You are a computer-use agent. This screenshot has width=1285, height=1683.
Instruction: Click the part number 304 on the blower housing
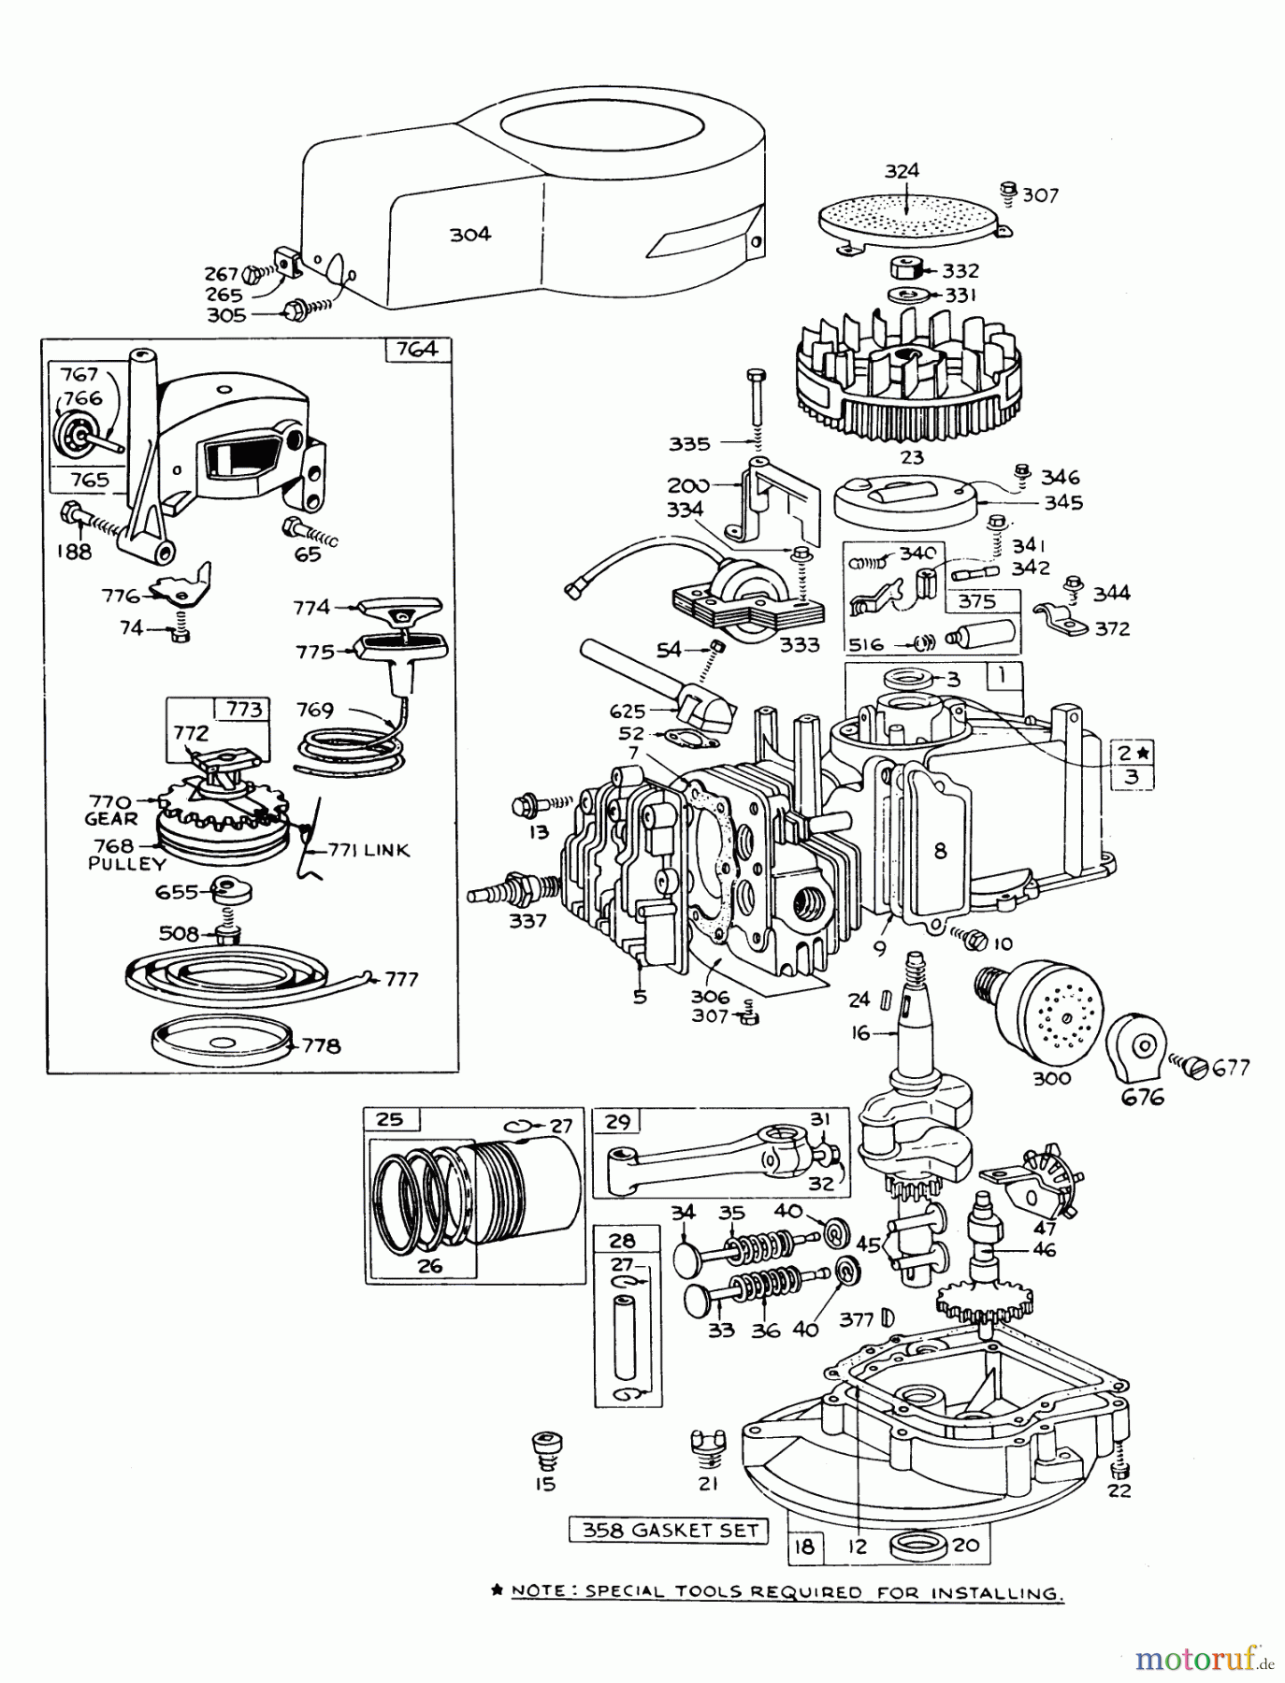tap(469, 235)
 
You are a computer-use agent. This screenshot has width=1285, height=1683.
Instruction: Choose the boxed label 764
tap(417, 349)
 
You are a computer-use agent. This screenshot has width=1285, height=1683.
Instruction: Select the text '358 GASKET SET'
tap(669, 1531)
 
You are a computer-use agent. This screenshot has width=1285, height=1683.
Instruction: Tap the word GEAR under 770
tap(111, 819)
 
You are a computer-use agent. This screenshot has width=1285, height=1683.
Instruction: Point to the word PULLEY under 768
tap(127, 864)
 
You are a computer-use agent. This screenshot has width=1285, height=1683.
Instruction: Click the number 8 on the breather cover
tap(940, 850)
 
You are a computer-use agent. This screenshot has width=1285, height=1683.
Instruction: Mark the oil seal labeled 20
tap(919, 1546)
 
